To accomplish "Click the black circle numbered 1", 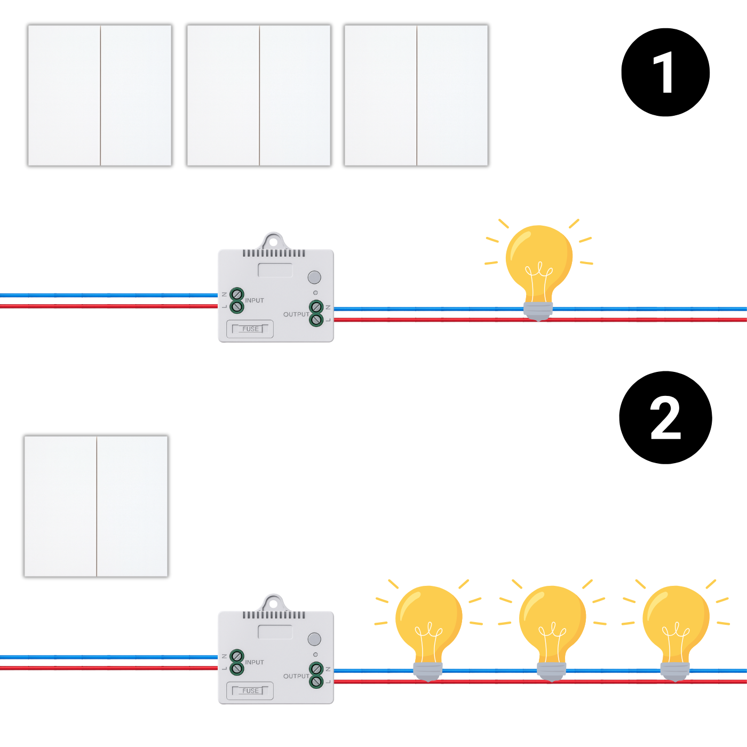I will pyautogui.click(x=665, y=73).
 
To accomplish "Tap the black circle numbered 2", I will pyautogui.click(x=665, y=418).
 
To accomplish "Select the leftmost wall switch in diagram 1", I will pyautogui.click(x=100, y=96).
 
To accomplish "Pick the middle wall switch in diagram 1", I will pyautogui.click(x=259, y=96).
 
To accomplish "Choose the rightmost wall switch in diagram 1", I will pyautogui.click(x=416, y=96).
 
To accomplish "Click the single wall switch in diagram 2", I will pyautogui.click(x=96, y=506).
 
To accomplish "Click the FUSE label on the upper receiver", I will pyautogui.click(x=250, y=329).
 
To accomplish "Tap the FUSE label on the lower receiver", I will pyautogui.click(x=250, y=691).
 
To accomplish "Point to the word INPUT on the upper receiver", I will pyautogui.click(x=255, y=300).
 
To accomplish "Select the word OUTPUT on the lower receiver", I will pyautogui.click(x=296, y=676).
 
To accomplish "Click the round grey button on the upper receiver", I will pyautogui.click(x=314, y=277).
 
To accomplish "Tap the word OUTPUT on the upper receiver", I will pyautogui.click(x=296, y=314).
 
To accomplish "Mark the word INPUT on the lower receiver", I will pyautogui.click(x=255, y=662).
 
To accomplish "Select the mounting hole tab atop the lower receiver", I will pyautogui.click(x=273, y=603).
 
